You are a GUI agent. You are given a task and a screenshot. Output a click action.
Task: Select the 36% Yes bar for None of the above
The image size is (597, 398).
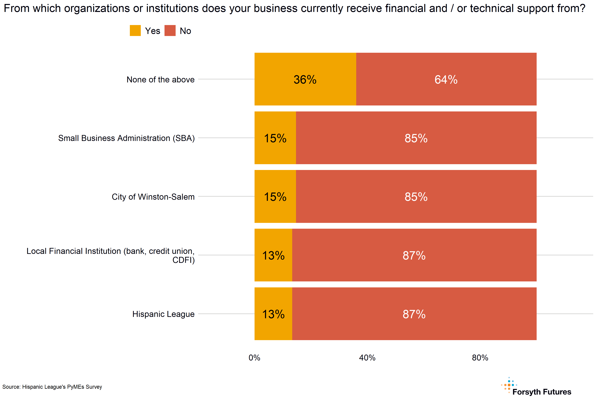click(x=305, y=79)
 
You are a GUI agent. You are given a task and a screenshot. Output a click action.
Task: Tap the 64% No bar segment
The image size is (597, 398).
click(x=446, y=79)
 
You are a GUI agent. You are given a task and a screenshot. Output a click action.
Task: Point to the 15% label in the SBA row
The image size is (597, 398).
click(x=275, y=138)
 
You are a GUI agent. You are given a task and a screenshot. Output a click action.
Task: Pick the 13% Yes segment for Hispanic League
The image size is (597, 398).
click(x=273, y=314)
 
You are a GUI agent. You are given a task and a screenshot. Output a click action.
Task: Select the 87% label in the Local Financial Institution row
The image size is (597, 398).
click(x=414, y=255)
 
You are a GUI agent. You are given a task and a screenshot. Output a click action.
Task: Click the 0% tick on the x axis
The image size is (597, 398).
click(x=254, y=358)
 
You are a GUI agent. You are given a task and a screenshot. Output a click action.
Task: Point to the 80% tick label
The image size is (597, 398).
click(x=480, y=358)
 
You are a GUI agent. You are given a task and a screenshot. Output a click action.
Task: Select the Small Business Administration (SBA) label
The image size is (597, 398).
click(x=126, y=138)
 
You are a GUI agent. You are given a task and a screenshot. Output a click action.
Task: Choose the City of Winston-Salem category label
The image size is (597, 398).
click(x=153, y=197)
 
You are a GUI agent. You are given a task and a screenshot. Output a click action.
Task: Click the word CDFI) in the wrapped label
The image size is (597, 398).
click(x=183, y=260)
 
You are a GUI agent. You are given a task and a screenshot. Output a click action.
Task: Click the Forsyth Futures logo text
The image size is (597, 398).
click(x=542, y=392)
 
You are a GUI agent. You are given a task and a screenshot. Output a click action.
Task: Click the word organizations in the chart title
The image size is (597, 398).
click(x=97, y=8)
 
